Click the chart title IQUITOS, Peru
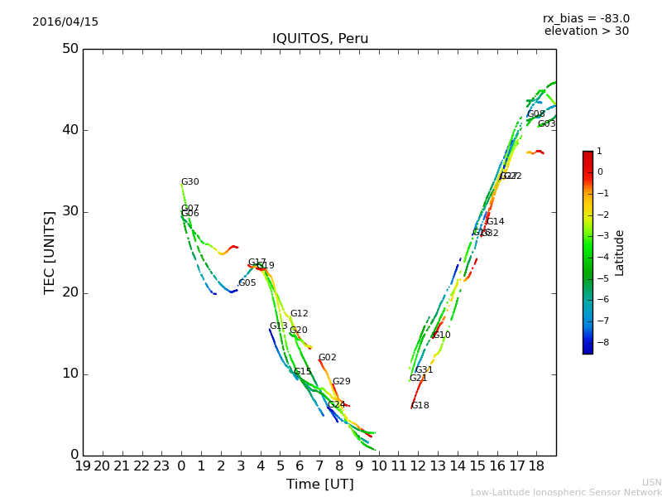(x=320, y=39)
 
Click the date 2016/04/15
(x=65, y=22)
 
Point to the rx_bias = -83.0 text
(x=586, y=19)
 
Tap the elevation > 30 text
(x=586, y=31)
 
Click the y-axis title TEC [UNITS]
(x=50, y=252)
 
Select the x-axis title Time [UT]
(x=319, y=485)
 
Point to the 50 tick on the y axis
(x=70, y=49)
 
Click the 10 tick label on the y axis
(x=70, y=374)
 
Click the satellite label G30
(x=190, y=182)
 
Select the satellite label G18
(x=420, y=406)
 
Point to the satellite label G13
(x=278, y=326)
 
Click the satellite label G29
(x=342, y=382)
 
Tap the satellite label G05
(x=247, y=283)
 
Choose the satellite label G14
(x=496, y=222)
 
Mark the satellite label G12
(x=299, y=314)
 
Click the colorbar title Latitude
(x=620, y=253)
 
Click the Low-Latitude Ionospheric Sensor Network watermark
(x=566, y=493)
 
